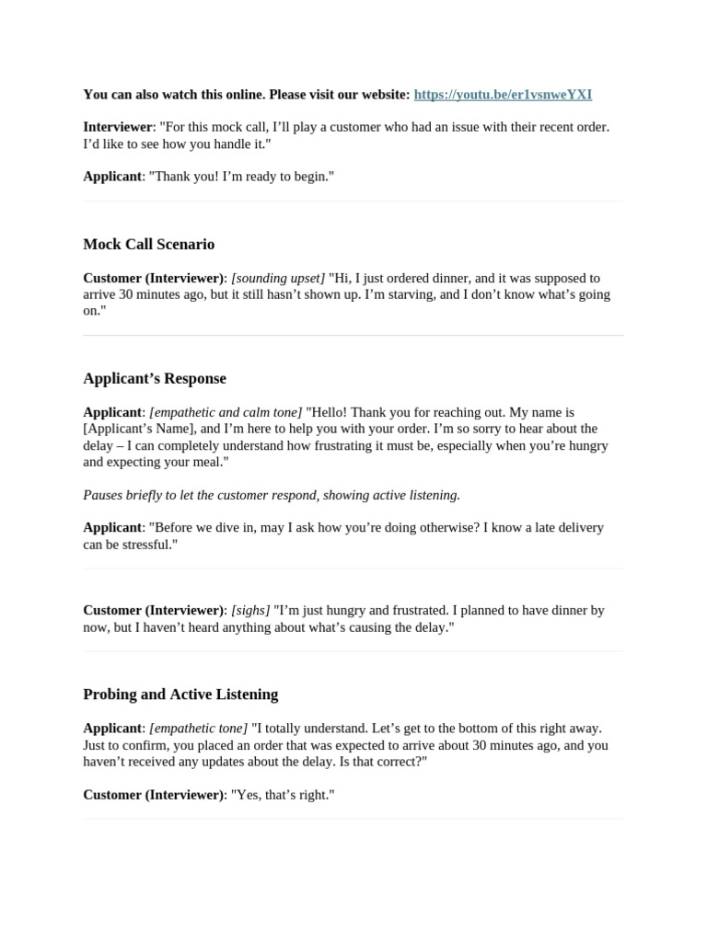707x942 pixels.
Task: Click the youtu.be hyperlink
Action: [x=503, y=94]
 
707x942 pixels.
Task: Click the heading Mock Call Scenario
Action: [x=148, y=244]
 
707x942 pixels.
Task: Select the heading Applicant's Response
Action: [x=154, y=378]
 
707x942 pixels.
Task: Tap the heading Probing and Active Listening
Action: [x=180, y=694]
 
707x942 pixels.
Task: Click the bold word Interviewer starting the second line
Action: [x=118, y=127]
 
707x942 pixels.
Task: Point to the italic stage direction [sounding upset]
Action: [x=278, y=278]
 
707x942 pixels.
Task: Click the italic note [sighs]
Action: [x=250, y=610]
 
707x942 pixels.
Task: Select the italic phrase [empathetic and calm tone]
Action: [x=226, y=412]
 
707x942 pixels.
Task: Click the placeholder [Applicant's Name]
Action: [x=141, y=429]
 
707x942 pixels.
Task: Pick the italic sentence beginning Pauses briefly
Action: [x=272, y=495]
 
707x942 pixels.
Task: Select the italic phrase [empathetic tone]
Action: [x=198, y=728]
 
